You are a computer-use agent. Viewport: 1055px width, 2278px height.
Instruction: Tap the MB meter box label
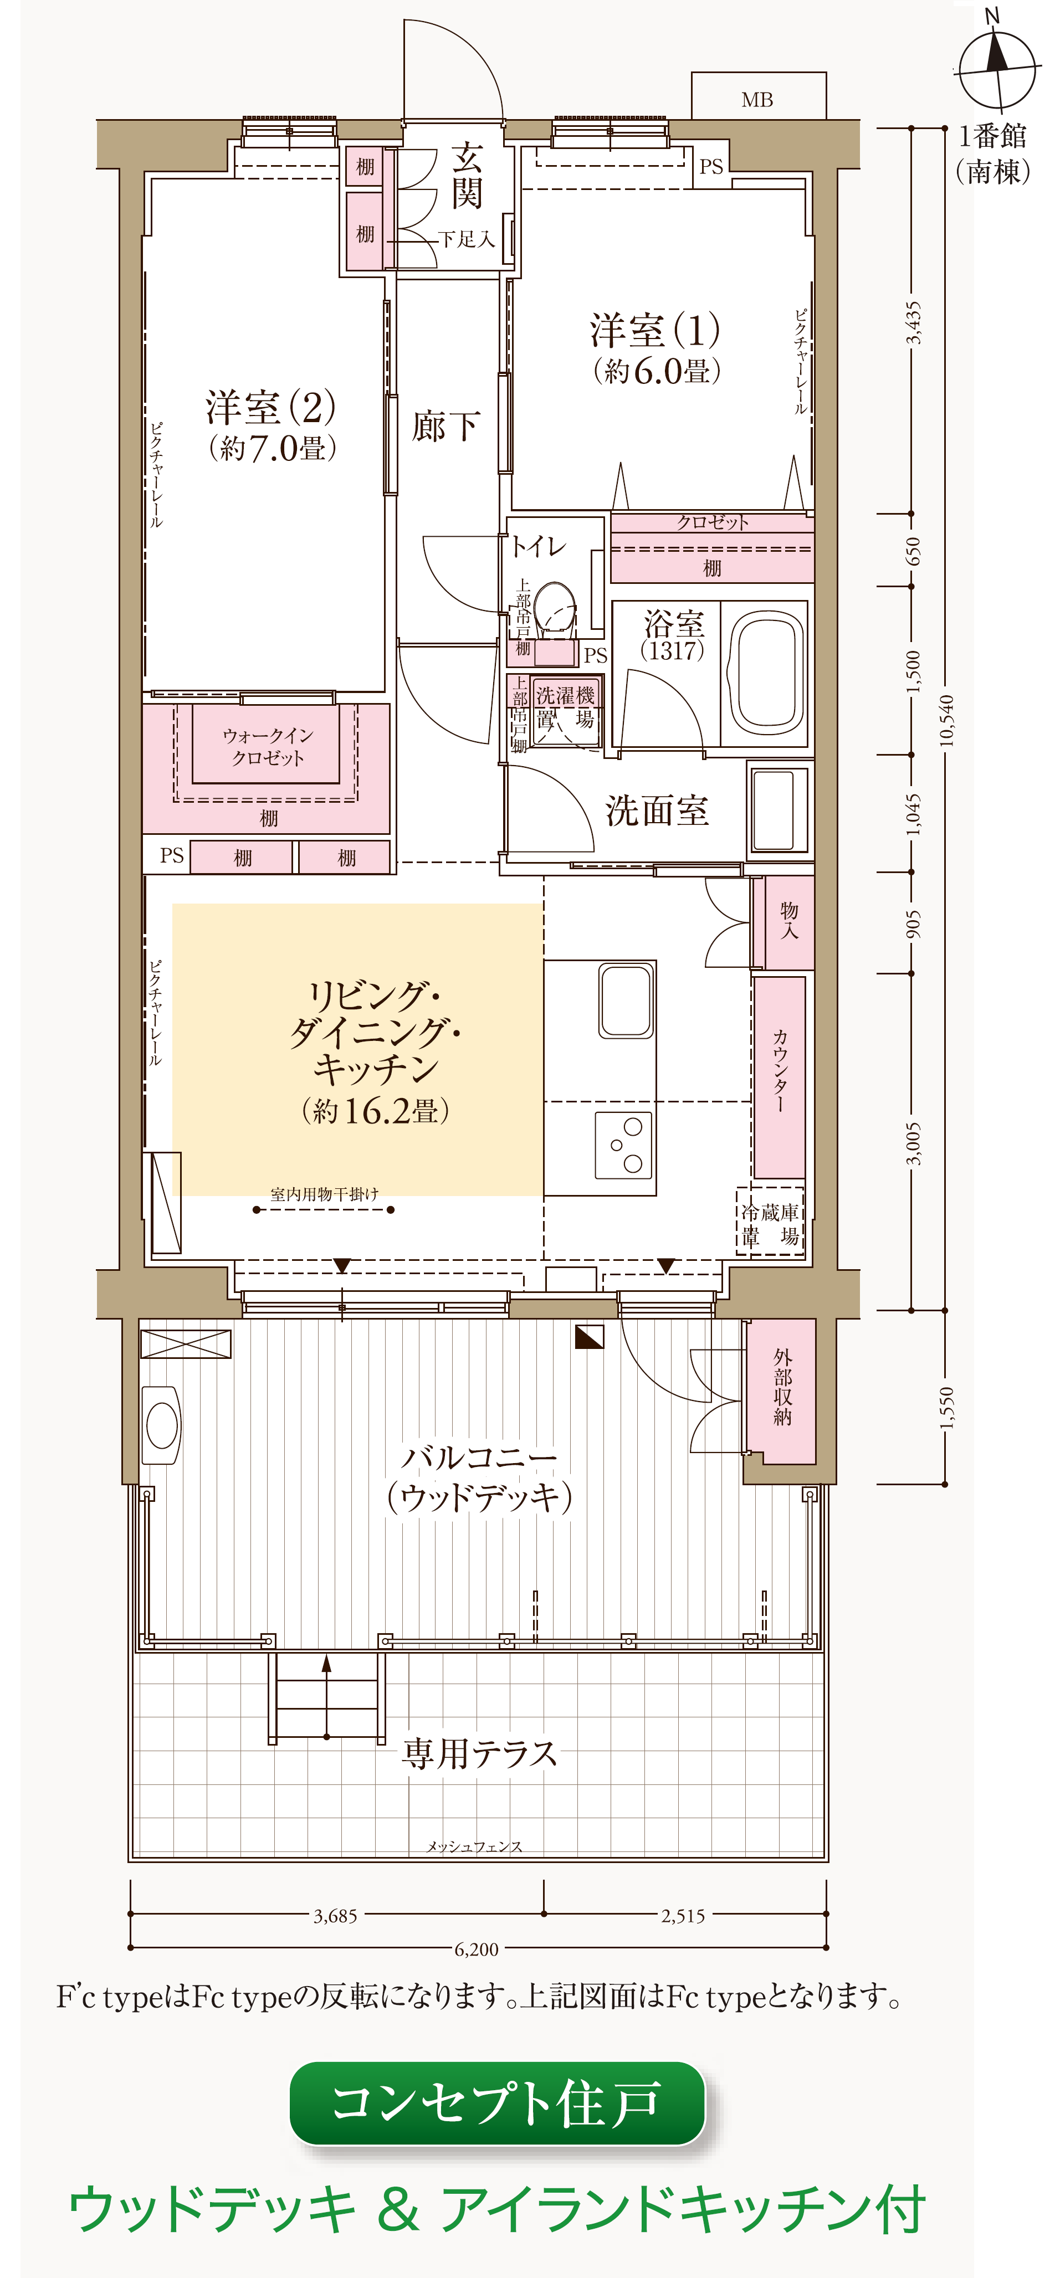pyautogui.click(x=757, y=100)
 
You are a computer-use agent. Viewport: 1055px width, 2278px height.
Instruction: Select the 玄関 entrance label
pyautogui.click(x=467, y=177)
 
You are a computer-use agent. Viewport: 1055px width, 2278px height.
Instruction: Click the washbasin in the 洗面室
pyautogui.click(x=778, y=808)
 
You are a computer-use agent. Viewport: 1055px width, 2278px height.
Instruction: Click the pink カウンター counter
pyautogui.click(x=779, y=1076)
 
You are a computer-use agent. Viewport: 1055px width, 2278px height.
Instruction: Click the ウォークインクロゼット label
pyautogui.click(x=267, y=746)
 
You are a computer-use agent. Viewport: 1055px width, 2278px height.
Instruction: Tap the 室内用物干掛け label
pyautogui.click(x=324, y=1194)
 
